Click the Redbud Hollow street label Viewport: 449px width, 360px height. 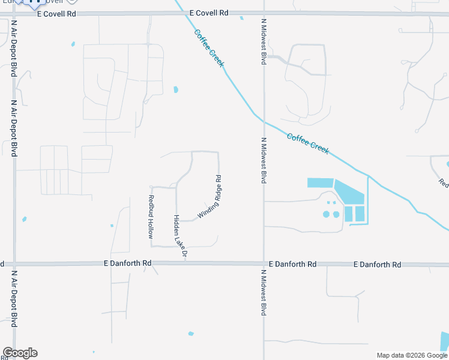tap(152, 217)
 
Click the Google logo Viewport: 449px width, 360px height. tap(20, 353)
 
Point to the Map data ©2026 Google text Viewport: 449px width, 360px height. tap(412, 355)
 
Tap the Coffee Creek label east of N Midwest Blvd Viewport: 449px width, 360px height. tap(308, 144)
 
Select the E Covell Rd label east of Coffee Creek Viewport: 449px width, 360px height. tap(209, 13)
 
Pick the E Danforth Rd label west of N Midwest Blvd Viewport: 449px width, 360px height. tap(127, 263)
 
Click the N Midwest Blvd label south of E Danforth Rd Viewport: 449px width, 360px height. tap(264, 292)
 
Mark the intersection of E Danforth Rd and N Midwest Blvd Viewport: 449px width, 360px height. tap(264, 263)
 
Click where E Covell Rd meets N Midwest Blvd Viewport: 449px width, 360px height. tap(264, 13)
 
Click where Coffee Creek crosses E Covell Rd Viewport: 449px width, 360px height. tap(183, 13)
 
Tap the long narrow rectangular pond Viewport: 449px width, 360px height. tap(320, 182)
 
